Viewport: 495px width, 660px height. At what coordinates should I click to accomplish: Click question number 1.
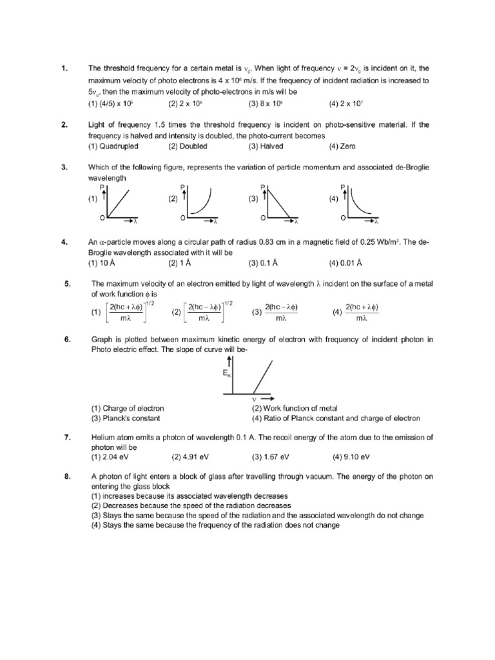tap(64, 68)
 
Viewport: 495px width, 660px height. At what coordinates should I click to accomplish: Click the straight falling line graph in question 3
tap(280, 204)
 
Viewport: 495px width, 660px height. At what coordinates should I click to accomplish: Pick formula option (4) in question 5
tap(361, 312)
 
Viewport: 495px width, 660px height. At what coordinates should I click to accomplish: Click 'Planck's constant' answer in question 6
tap(128, 418)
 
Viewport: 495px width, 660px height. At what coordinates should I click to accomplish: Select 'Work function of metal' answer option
tap(295, 409)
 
